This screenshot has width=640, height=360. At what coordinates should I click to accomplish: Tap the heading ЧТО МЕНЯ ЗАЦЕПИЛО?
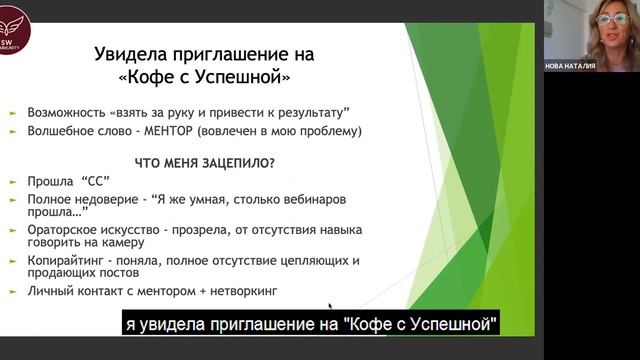[204, 160]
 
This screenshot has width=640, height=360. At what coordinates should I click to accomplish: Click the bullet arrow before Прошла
[13, 181]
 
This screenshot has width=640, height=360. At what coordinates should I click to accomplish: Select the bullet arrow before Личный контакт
[13, 291]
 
